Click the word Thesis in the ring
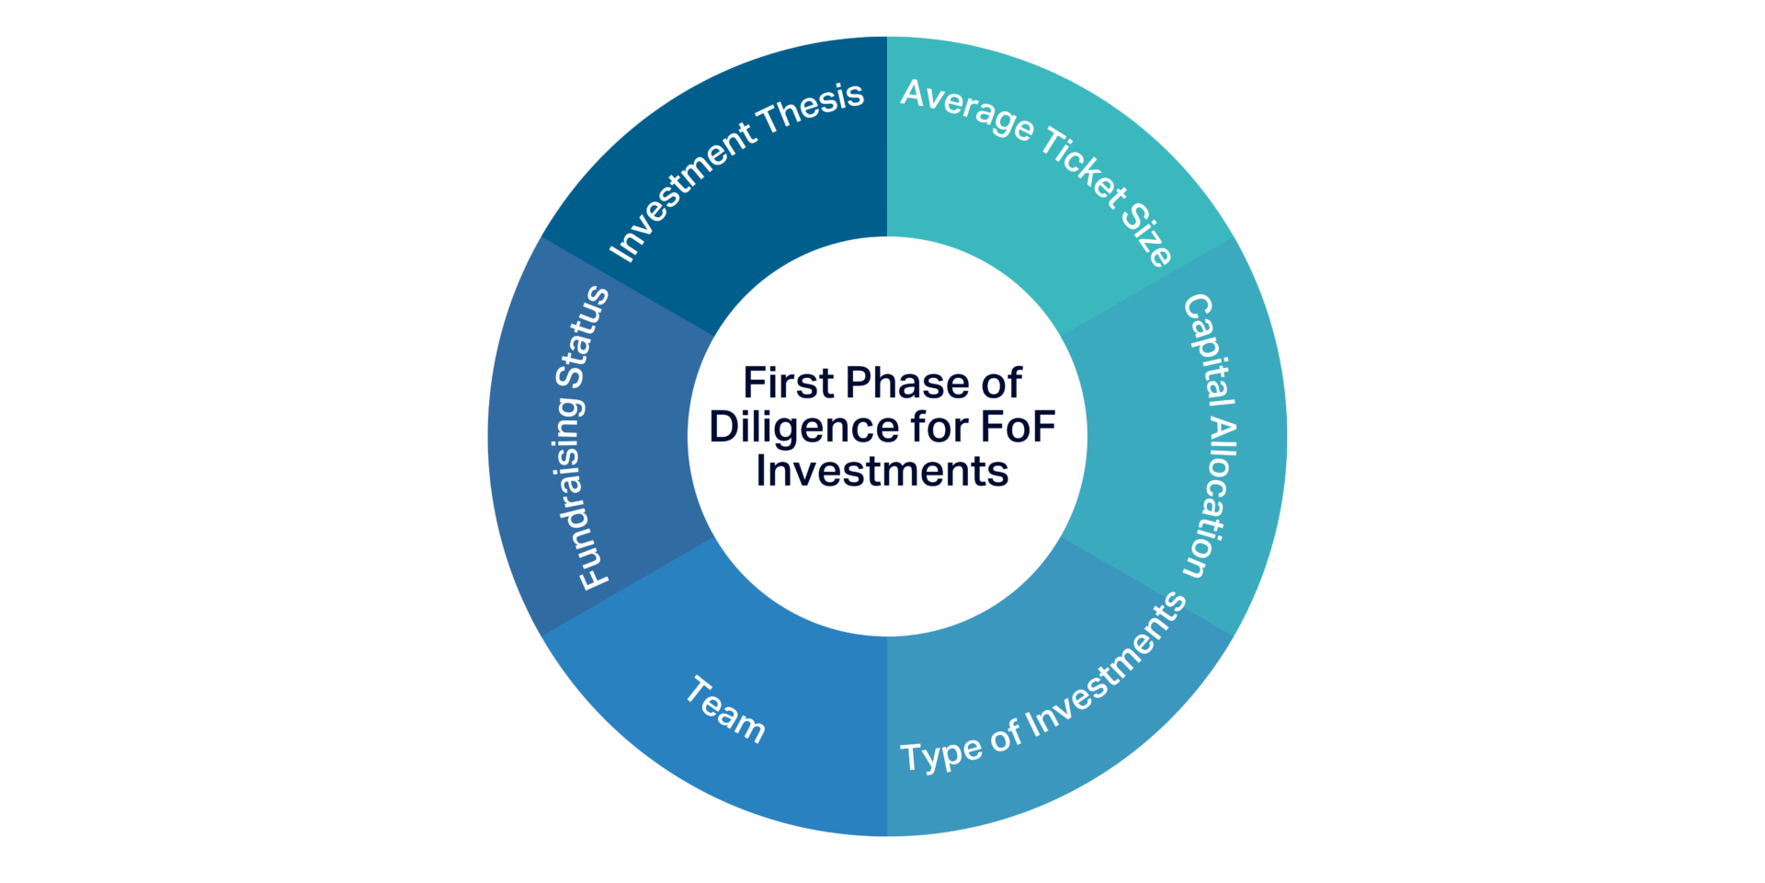point(812,109)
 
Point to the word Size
point(1146,235)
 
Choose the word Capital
point(1210,350)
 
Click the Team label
point(725,709)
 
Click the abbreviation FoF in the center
point(1018,428)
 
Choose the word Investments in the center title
point(882,472)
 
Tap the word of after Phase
point(1001,384)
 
